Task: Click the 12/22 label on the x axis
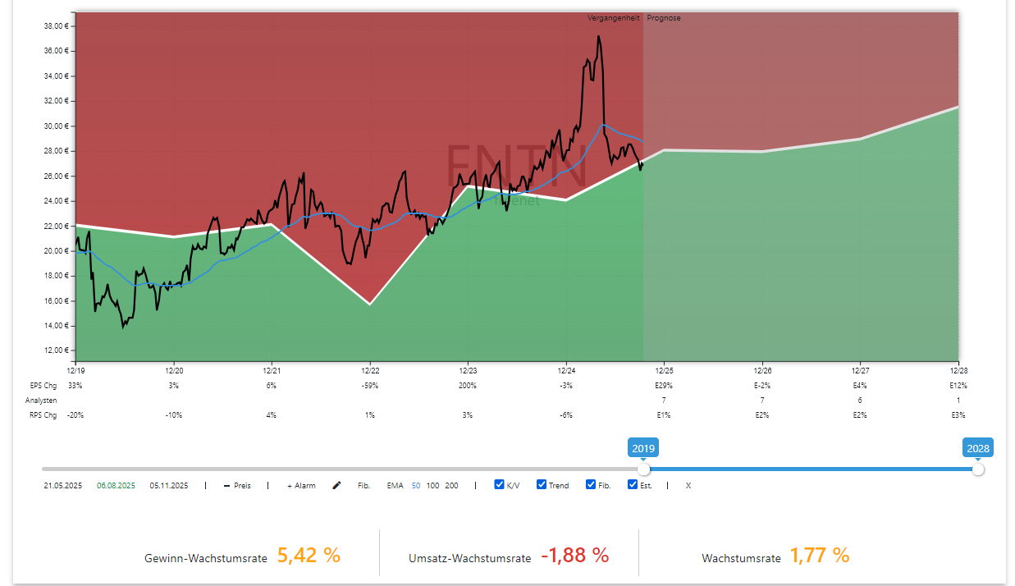370,371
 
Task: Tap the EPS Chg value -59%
370,385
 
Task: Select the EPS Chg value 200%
468,385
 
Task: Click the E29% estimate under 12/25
664,385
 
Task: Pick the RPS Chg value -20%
75,415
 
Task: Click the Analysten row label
40,401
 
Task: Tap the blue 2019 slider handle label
643,448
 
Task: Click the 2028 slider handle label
977,448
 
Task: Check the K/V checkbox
499,484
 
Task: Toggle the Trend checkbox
542,484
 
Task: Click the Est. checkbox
633,484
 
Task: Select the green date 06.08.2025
116,486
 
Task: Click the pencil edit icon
336,486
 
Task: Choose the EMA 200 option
451,486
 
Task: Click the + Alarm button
301,486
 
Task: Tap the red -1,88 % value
574,556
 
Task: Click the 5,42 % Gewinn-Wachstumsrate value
309,556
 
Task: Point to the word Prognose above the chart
663,18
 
